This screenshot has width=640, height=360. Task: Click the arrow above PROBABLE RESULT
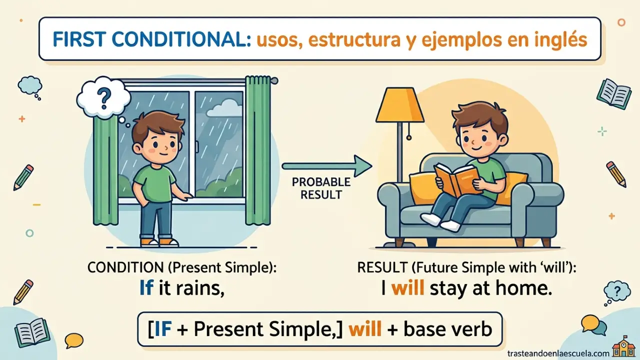327,165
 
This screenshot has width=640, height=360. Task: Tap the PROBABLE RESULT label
321,188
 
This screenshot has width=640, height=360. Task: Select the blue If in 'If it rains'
146,288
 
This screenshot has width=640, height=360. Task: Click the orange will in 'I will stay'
407,288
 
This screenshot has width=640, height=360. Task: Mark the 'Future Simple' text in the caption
456,267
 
